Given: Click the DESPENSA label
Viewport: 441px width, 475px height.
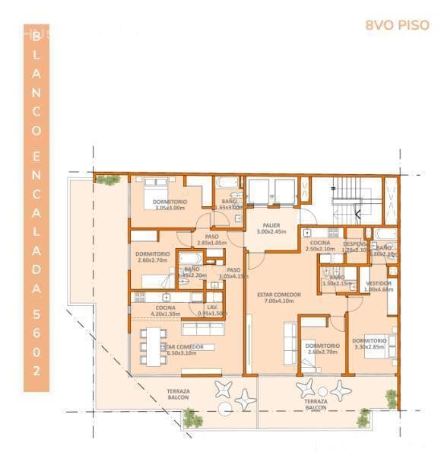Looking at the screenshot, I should point(355,246).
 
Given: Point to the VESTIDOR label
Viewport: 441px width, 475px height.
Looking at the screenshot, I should point(377,285).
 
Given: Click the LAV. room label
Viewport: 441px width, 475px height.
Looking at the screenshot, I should point(214,310).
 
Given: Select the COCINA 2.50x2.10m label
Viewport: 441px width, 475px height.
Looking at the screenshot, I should point(319,245).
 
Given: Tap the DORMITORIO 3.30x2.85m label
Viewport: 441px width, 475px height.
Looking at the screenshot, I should point(370,343).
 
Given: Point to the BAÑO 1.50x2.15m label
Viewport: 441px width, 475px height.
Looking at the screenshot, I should point(336,280).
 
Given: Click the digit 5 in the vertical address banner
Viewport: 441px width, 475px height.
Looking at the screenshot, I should point(36,313).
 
